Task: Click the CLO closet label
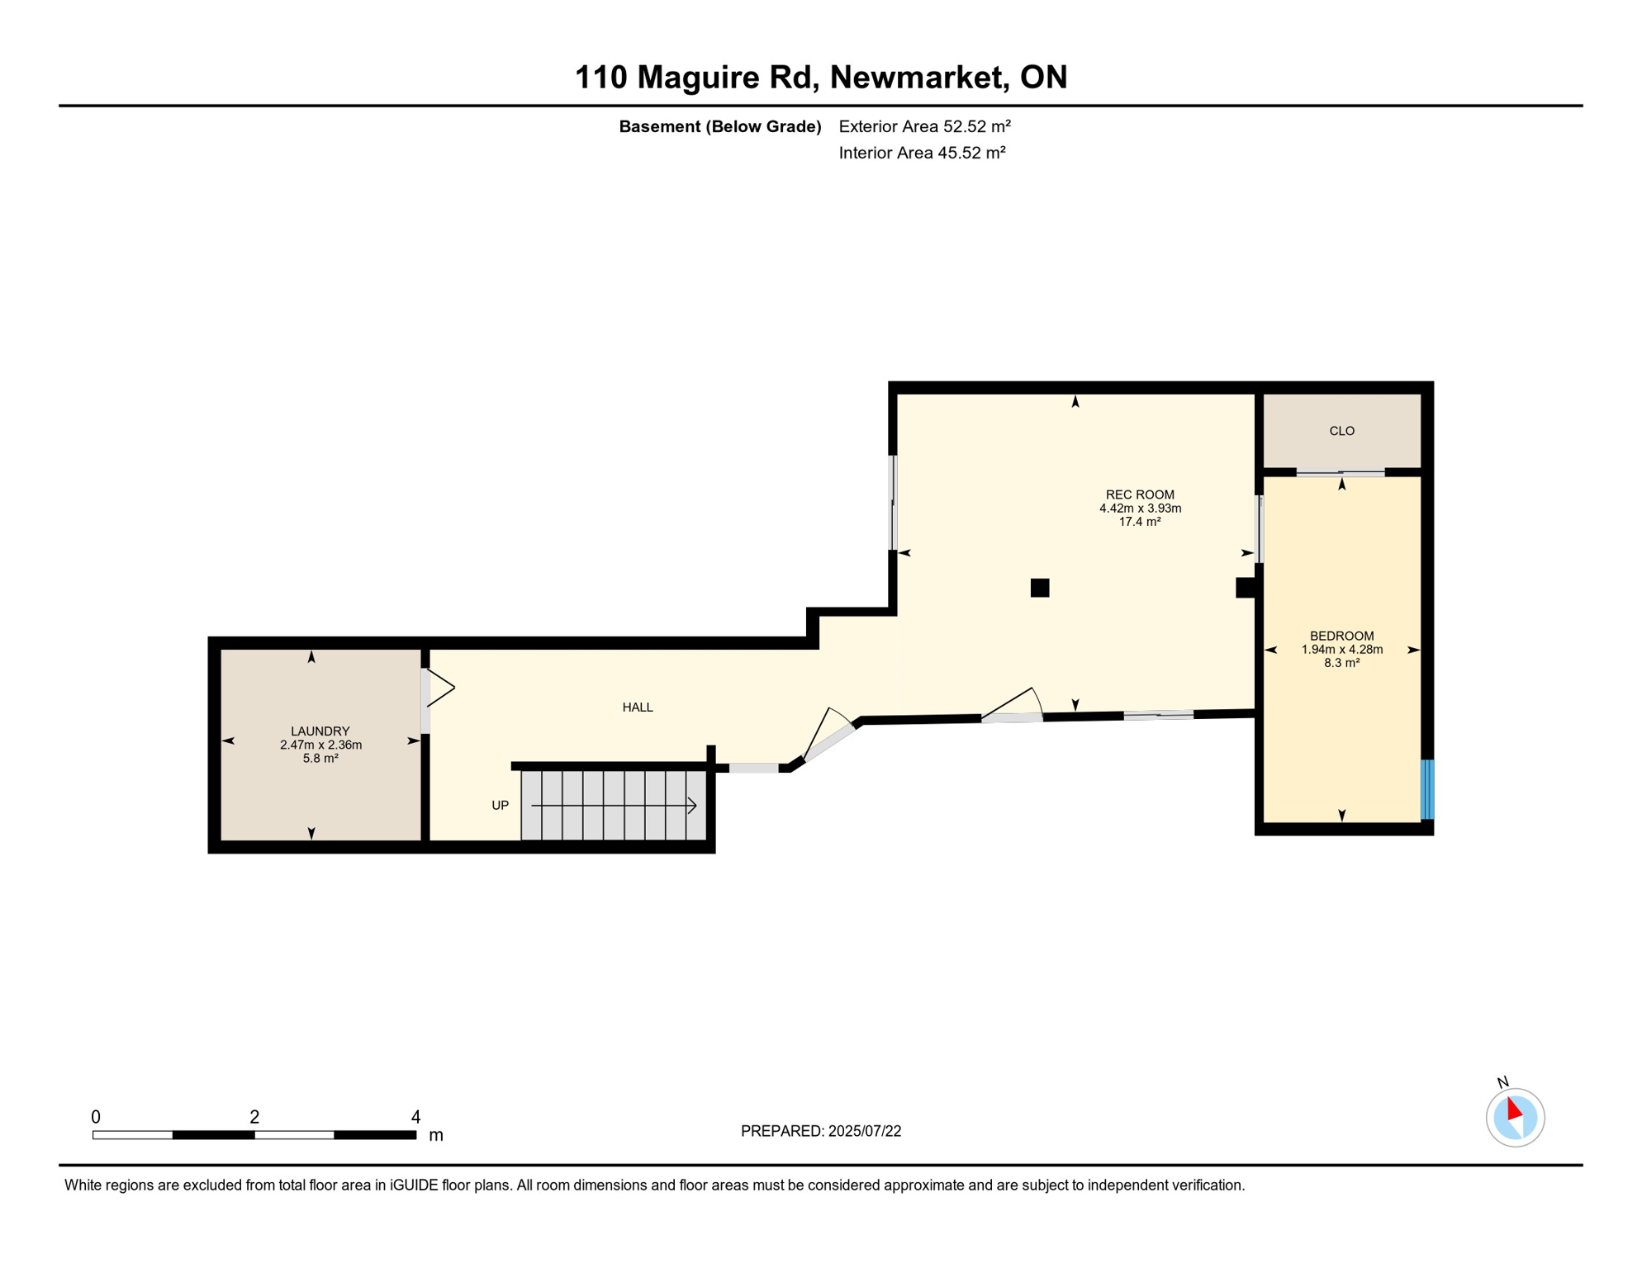tap(1341, 431)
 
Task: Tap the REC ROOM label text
tap(1140, 494)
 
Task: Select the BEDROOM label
tap(1341, 636)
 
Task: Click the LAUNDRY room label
tap(320, 731)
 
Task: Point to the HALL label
tap(638, 707)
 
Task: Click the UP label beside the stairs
tap(500, 806)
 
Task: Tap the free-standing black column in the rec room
tap(1040, 588)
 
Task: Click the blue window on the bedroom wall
tap(1426, 789)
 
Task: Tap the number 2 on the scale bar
tap(254, 1117)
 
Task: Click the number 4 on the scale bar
tap(415, 1117)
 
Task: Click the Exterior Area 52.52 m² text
tap(924, 126)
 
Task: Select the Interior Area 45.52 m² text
tap(922, 153)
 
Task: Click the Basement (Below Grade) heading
tap(719, 126)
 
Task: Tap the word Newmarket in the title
tap(918, 77)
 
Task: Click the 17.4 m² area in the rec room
tap(1140, 522)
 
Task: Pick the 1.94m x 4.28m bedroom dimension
tap(1341, 650)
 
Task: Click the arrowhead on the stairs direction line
tap(693, 805)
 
